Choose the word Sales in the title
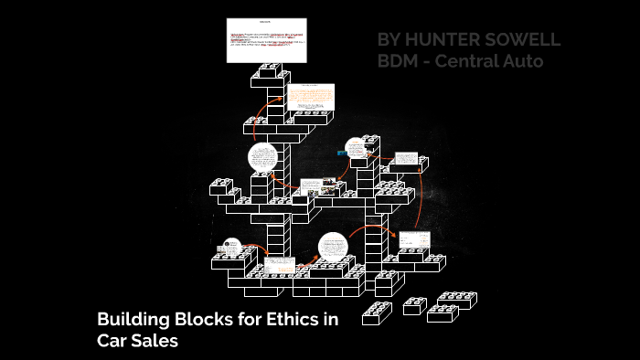(x=153, y=341)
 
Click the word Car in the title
(x=112, y=341)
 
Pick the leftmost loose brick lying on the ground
(x=377, y=313)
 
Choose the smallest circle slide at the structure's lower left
(x=228, y=248)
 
